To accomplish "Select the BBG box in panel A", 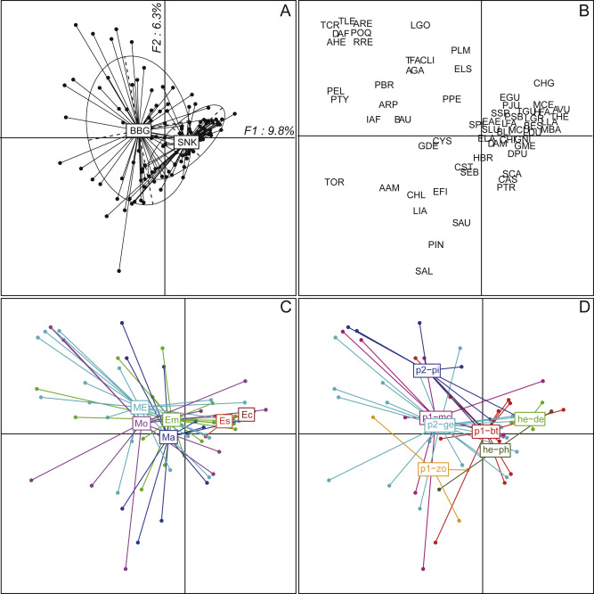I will tap(139, 131).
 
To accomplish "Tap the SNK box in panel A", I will tap(186, 143).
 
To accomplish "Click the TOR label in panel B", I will tap(334, 182).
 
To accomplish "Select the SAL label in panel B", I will tap(424, 271).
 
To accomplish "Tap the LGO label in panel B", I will tap(420, 26).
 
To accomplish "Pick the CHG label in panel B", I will tap(544, 83).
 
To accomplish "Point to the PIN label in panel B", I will tap(436, 244).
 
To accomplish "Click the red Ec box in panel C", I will tap(247, 415).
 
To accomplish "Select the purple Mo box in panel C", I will tap(140, 424).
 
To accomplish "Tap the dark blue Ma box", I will tap(168, 437).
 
